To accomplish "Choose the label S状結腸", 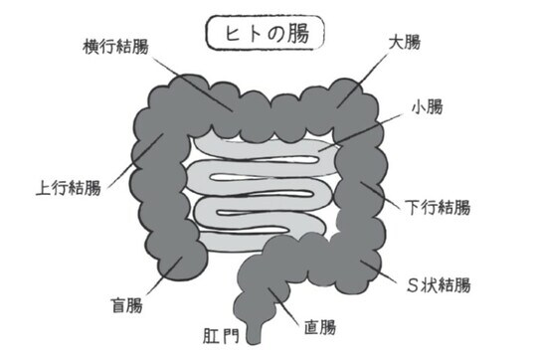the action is [438, 284].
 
